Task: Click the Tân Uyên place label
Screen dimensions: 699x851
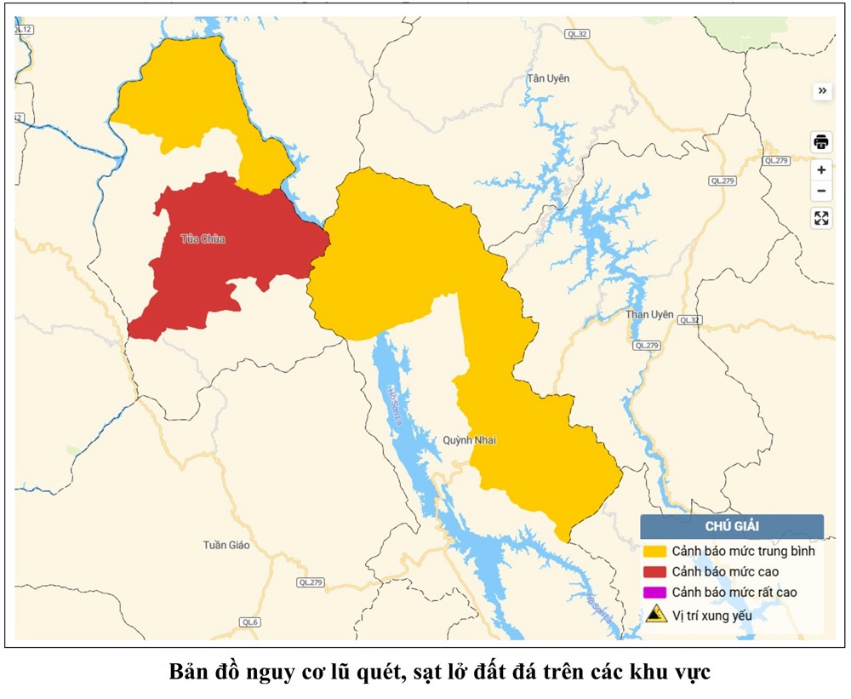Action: [x=548, y=78]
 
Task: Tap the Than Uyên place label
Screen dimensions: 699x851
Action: [x=649, y=314]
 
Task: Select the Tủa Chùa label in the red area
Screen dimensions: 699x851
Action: [x=203, y=239]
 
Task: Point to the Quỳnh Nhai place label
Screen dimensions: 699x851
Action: [x=469, y=440]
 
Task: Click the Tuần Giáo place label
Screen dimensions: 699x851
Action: [x=226, y=545]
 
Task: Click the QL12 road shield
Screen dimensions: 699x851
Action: [x=23, y=30]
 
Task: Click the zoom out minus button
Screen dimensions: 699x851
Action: [x=821, y=192]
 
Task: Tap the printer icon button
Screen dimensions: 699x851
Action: [x=821, y=141]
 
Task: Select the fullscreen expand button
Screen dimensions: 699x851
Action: [x=821, y=218]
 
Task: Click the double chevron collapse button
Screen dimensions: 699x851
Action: [x=821, y=91]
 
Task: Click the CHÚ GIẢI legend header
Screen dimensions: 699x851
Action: [x=732, y=527]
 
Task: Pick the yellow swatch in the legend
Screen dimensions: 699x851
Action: [x=655, y=551]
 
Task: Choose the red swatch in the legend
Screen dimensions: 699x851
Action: [x=655, y=571]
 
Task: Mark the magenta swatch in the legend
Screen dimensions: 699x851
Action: [x=655, y=592]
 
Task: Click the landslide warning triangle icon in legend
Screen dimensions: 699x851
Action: [x=655, y=614]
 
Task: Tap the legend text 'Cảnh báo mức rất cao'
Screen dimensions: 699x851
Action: [x=734, y=592]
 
